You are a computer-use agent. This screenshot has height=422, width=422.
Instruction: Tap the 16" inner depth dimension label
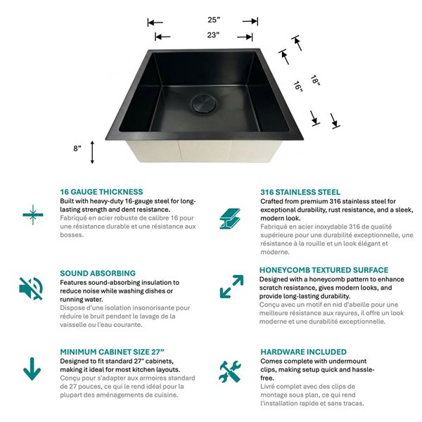click(298, 87)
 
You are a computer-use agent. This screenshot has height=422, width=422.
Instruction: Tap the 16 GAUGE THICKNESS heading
click(101, 191)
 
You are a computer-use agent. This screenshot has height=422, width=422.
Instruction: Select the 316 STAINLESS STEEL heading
click(300, 191)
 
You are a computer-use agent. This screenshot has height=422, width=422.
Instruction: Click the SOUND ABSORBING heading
click(97, 273)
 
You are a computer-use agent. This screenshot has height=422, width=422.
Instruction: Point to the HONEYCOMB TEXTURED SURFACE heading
click(324, 270)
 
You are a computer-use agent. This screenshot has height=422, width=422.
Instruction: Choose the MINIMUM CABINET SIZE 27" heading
click(113, 352)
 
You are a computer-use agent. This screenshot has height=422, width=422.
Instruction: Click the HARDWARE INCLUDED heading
click(303, 352)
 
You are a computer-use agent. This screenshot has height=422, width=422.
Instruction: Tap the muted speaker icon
click(31, 288)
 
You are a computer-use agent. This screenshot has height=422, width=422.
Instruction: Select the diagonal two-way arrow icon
click(231, 286)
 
